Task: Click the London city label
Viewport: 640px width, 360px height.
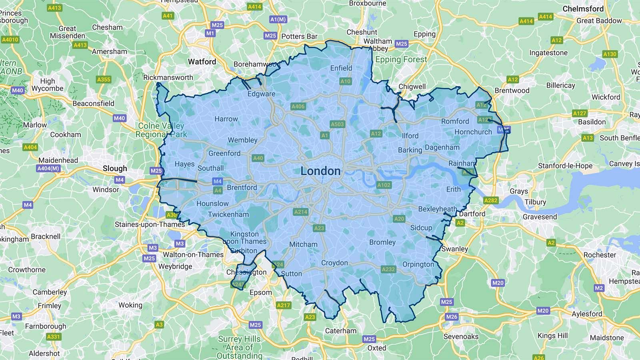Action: [320, 171]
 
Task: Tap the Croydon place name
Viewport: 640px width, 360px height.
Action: [334, 263]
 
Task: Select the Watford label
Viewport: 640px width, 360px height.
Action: [202, 62]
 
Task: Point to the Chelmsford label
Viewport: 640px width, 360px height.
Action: [583, 8]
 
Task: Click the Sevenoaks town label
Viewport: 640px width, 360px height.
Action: [461, 336]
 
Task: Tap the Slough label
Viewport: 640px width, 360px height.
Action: [115, 168]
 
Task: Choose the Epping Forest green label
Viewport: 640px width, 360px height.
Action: [401, 60]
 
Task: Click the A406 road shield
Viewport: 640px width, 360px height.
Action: [298, 106]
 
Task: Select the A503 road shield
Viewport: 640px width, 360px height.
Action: [337, 124]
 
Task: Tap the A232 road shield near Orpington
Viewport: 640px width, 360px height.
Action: [388, 269]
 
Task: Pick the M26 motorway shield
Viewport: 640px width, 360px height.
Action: [451, 317]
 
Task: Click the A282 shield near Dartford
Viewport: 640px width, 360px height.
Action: [491, 200]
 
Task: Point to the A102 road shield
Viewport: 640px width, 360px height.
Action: [384, 185]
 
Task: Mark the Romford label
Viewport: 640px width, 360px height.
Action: [455, 121]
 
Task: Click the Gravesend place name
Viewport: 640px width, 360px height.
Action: [540, 217]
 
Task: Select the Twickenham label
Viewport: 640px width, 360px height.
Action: [228, 214]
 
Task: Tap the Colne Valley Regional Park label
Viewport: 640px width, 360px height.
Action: [161, 130]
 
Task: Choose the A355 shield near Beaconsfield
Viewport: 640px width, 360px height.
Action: [104, 80]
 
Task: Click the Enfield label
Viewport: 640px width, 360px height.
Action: [341, 68]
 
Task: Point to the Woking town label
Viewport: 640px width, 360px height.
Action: [130, 305]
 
